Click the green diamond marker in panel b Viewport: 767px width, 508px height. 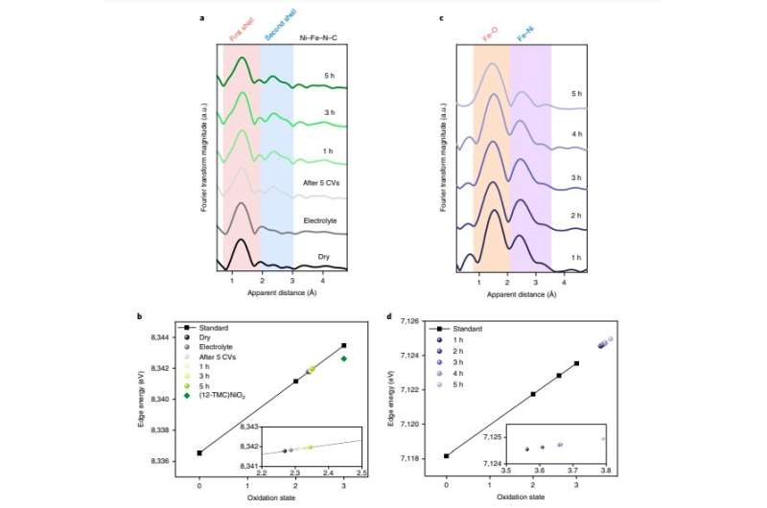point(343,358)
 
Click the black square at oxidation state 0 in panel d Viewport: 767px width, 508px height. point(447,456)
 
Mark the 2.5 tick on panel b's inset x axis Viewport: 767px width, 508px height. point(361,473)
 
